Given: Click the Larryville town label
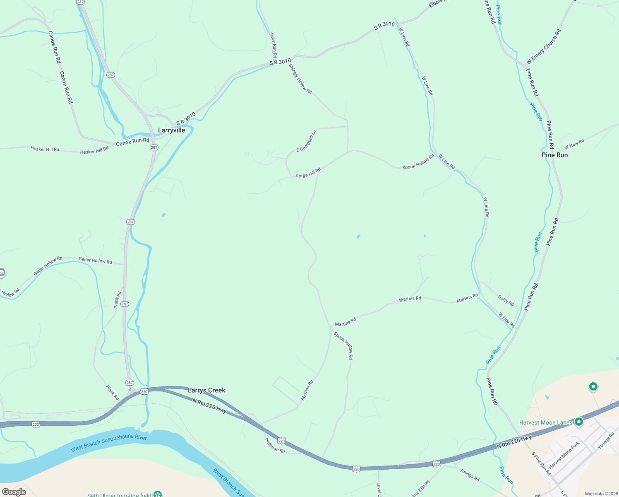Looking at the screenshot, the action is [171, 130].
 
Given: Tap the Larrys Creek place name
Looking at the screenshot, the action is [206, 390].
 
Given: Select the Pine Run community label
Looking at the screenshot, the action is [554, 155].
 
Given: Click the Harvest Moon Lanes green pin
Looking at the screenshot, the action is [579, 422].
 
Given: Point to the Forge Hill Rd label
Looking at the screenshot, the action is [308, 173].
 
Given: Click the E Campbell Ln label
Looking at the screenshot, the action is [306, 141].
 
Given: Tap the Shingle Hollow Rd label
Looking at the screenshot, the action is [300, 79].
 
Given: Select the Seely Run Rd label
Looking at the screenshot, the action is [273, 45].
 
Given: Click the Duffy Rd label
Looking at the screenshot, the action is [506, 300].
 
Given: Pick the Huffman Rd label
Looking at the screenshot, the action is [275, 445].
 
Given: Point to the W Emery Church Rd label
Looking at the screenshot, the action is [544, 47].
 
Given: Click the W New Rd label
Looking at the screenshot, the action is [574, 144].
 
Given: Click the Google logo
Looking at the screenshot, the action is [14, 492].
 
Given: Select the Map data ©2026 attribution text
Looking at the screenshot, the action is [600, 494].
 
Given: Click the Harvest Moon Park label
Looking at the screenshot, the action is [564, 455].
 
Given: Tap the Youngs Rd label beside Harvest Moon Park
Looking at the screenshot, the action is [606, 441].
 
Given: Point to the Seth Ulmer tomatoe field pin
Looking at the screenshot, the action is [158, 494].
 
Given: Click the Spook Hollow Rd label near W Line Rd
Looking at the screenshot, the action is [418, 162].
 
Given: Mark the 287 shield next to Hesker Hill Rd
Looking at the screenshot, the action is [154, 147].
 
